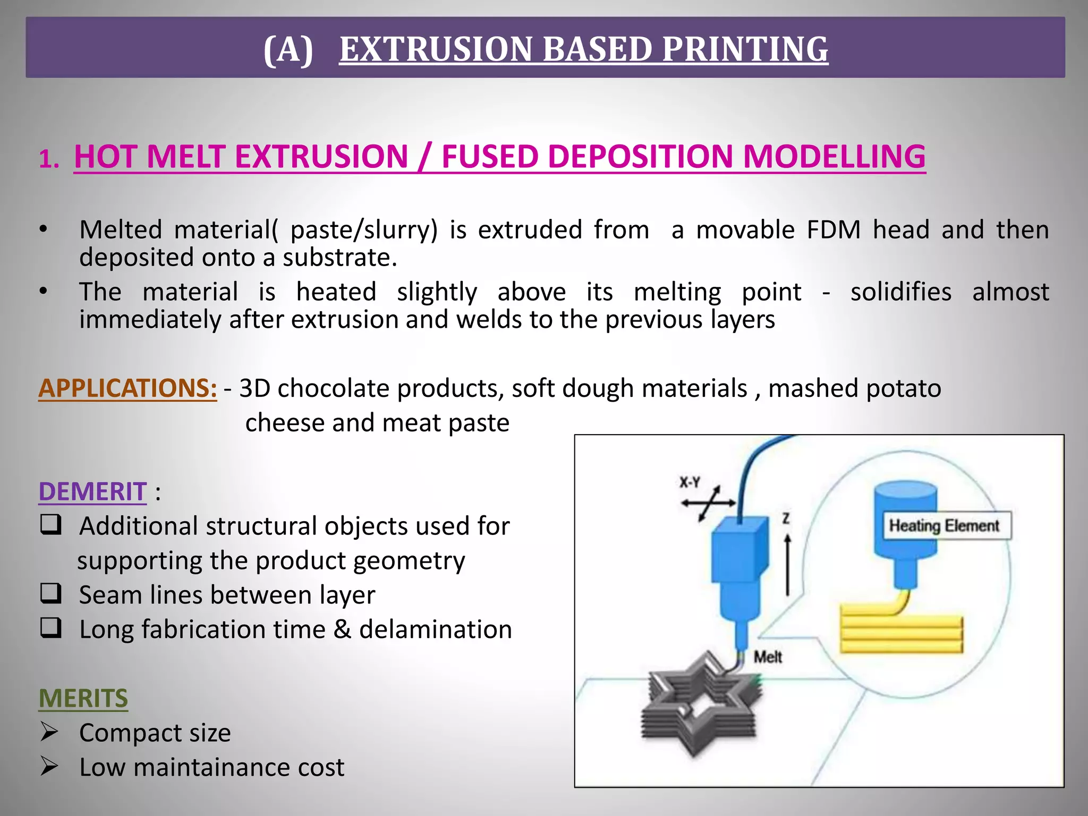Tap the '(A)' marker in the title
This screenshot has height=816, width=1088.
[288, 49]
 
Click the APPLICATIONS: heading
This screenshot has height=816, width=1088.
[127, 388]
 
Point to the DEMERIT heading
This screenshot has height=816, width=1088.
[92, 491]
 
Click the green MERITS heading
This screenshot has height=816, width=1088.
[83, 698]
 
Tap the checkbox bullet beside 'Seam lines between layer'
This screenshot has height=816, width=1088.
[51, 593]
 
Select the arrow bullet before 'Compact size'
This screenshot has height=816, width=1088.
[49, 732]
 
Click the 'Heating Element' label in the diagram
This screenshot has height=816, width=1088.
[945, 526]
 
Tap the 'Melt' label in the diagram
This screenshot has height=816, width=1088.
[768, 657]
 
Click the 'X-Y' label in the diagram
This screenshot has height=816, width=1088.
[690, 482]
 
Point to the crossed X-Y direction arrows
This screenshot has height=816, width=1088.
[709, 503]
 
